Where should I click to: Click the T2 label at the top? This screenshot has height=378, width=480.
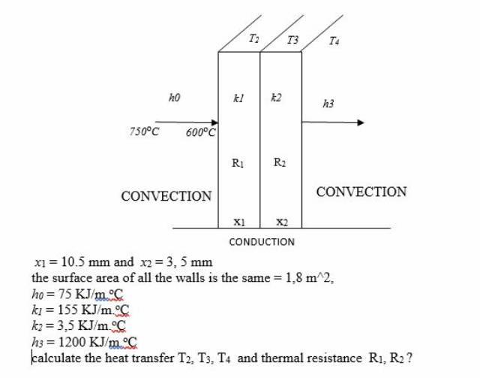253,38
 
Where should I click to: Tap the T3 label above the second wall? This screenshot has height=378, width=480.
292,40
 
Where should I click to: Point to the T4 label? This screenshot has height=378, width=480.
334,41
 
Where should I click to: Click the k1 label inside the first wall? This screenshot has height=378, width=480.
238,98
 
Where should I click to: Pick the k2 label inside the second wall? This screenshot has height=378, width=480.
276,98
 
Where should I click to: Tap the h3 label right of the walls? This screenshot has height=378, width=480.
328,104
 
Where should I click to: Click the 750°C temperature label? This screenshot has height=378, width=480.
144,132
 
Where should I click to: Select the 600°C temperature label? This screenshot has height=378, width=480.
201,133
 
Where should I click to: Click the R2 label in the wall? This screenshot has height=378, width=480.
279,162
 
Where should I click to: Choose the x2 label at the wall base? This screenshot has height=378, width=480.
280,222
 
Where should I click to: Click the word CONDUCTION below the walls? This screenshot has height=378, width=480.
262,242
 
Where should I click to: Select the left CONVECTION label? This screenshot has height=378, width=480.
166,196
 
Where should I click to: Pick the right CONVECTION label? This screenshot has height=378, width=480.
361,192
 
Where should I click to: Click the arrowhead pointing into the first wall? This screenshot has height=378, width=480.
214,122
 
